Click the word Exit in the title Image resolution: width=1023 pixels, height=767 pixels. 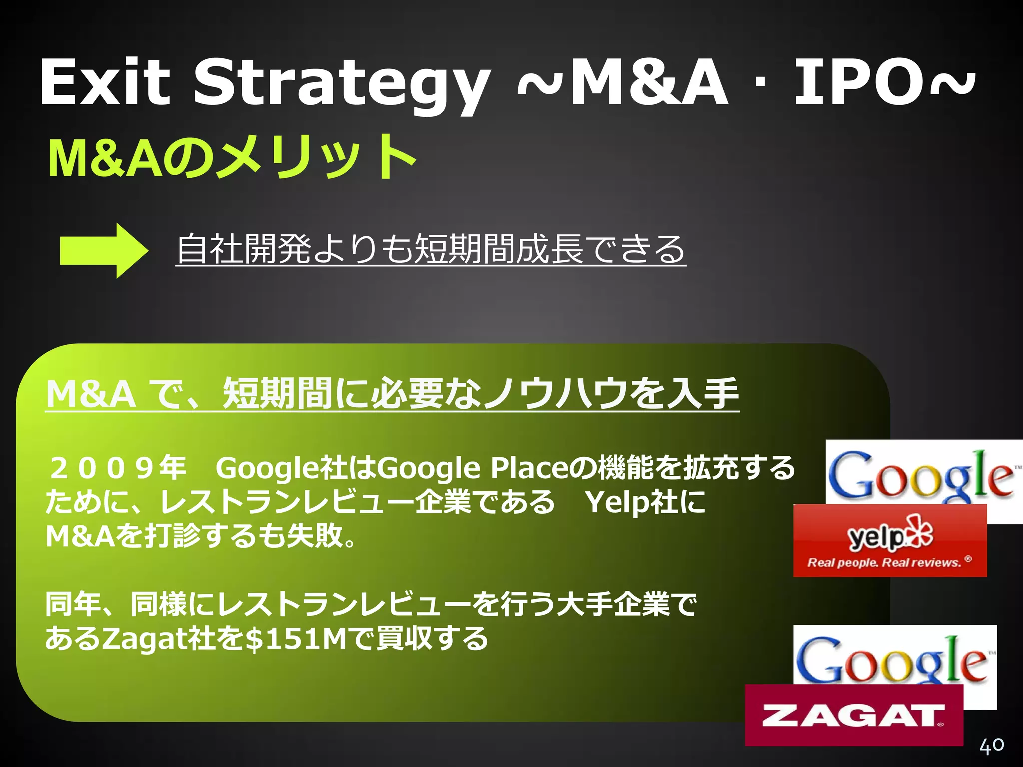tap(105, 82)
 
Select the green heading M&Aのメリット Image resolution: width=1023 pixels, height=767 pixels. tap(232, 157)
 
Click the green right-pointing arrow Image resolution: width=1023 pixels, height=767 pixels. tap(104, 250)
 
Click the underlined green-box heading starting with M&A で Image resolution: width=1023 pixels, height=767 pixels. tap(392, 393)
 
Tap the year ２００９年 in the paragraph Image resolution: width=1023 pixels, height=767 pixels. tap(118, 468)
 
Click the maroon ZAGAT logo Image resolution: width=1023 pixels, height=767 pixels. tap(853, 715)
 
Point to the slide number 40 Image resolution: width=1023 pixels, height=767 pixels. tap(991, 745)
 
